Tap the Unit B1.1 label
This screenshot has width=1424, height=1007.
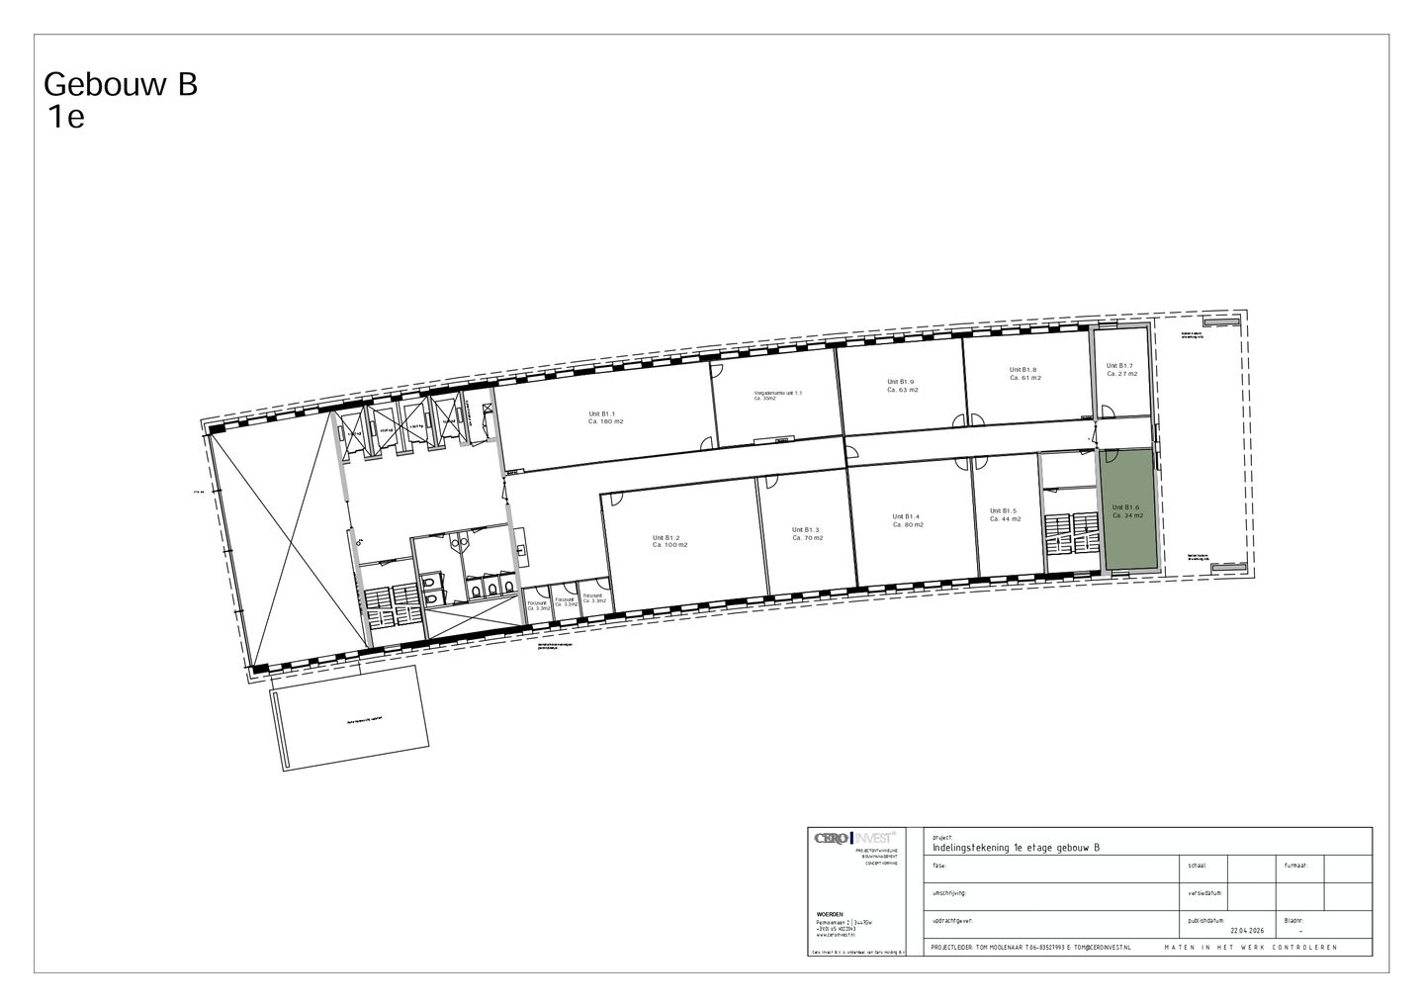point(605,417)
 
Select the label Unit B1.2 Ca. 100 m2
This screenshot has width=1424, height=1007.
point(669,541)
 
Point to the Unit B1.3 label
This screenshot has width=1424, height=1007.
point(806,533)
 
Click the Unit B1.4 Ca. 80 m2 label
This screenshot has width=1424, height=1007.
point(907,520)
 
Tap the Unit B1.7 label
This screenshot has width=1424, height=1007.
point(1120,370)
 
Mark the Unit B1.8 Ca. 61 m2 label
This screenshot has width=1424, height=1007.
point(1024,373)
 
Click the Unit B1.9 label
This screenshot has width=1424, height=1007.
point(902,385)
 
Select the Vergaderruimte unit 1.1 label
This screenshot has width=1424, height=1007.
point(777,395)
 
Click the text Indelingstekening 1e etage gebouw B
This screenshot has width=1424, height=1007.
point(1016,847)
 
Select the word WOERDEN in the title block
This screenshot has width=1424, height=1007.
point(831,914)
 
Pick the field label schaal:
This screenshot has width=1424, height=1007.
point(1198,865)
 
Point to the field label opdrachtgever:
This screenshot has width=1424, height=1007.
point(953,920)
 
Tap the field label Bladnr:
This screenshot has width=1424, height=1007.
point(1294,920)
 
